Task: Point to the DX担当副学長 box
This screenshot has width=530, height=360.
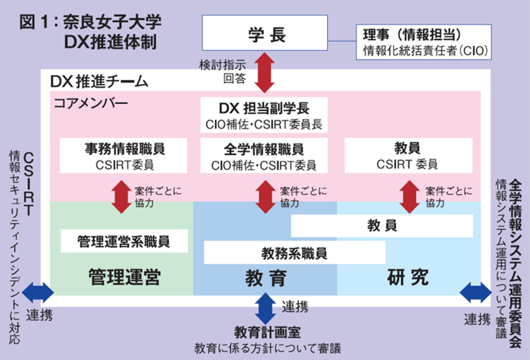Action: [x=265, y=114]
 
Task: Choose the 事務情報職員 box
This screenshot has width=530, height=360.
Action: [x=124, y=155]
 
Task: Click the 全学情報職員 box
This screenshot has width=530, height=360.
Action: [x=265, y=155]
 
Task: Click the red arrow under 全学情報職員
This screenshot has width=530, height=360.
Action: [x=265, y=196]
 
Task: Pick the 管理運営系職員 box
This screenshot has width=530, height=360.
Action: [x=124, y=241]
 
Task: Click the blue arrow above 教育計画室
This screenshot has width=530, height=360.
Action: [x=265, y=308]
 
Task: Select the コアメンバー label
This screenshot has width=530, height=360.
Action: [x=91, y=103]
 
